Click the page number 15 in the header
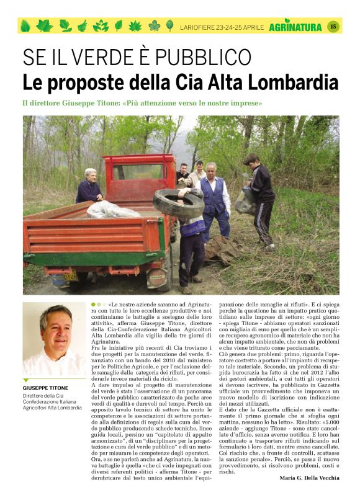333,26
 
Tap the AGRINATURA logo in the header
295,27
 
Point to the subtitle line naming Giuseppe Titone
142,103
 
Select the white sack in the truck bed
113,210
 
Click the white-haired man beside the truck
90,185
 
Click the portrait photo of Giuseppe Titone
54,339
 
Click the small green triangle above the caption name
26,380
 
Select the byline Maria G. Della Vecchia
308,477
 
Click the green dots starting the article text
98,305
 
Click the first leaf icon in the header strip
25,26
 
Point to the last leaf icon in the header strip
169,26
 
